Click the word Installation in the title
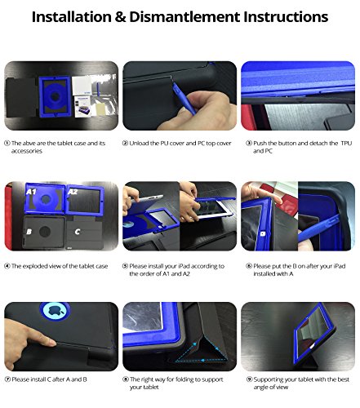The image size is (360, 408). pos(72,17)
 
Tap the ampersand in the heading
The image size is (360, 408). pos(120,17)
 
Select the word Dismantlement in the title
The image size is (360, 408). pos(184,17)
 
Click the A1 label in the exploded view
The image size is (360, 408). pos(31,192)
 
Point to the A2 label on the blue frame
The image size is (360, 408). pos(73,192)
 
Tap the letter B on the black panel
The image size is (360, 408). pos(29,232)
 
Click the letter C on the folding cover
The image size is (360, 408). pos(78,232)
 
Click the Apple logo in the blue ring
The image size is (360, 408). pos(55,310)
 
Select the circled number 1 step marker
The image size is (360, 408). pos(7,143)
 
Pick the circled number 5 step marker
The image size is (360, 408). pos(125,266)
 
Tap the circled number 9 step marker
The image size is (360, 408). pos(249,379)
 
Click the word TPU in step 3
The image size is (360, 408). pos(346,143)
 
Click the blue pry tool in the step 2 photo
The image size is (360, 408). pos(184,98)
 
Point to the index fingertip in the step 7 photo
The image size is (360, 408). pos(53,344)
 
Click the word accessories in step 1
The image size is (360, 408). pos(27,151)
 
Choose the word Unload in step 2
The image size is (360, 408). pos(138,143)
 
